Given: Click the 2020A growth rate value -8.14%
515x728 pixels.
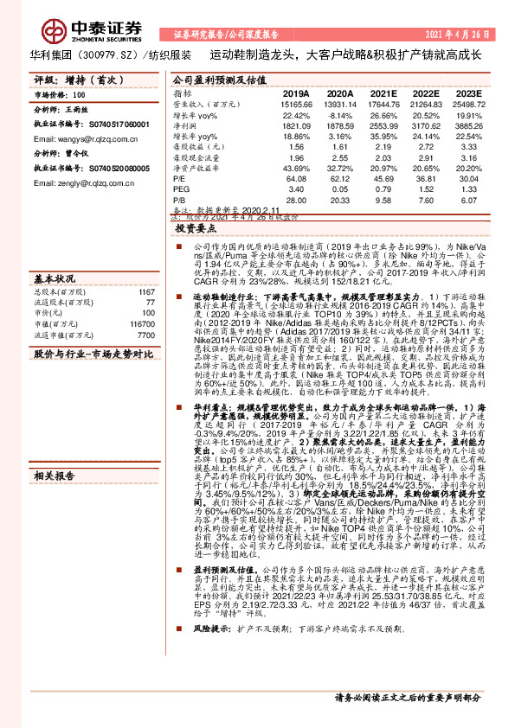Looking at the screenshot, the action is [x=340, y=115].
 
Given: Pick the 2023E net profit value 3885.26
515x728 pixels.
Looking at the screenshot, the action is [x=467, y=125].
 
